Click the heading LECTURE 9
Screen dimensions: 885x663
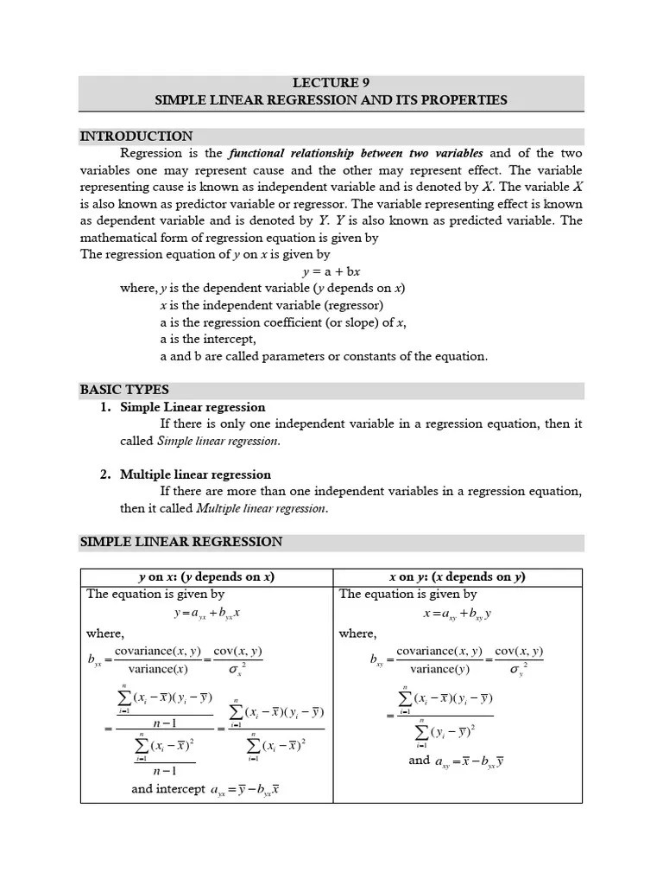331,83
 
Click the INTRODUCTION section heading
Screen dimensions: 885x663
136,137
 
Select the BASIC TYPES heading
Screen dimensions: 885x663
124,390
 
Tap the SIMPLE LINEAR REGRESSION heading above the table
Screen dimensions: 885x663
181,542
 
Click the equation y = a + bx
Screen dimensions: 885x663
331,271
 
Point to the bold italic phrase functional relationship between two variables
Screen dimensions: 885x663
355,154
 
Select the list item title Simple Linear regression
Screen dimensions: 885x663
193,407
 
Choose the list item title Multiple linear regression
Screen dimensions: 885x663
195,474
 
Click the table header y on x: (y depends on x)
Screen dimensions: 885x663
206,577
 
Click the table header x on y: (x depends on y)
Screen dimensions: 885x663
458,577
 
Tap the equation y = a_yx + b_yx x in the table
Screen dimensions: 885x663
206,613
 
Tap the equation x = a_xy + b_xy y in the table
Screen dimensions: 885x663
458,613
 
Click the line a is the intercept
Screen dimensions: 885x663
208,340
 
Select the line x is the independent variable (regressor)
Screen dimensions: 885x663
272,305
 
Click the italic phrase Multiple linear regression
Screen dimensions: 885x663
262,508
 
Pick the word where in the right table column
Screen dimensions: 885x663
357,634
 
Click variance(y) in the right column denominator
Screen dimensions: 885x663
439,669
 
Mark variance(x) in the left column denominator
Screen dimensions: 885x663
158,669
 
